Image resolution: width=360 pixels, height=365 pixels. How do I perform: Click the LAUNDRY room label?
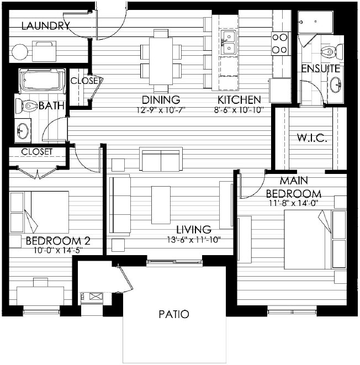point(46,25)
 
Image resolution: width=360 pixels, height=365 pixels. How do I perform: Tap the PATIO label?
point(174,314)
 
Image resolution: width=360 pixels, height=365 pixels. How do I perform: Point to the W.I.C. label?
point(313,138)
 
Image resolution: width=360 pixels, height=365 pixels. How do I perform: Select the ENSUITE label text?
point(321,68)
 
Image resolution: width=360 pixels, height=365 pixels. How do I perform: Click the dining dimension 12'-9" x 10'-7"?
point(161,110)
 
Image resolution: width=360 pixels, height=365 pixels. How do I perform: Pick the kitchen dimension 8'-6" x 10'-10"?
point(239,110)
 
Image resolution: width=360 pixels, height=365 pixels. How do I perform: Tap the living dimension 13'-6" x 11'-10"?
point(194,240)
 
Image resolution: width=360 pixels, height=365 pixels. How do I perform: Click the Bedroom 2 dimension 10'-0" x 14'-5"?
point(58,250)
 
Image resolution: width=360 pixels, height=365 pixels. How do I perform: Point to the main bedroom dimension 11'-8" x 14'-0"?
point(294,203)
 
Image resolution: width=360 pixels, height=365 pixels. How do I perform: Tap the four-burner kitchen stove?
point(281,44)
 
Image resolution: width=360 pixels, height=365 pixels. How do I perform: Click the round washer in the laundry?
point(20,52)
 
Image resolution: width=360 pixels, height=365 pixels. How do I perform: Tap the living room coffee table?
point(161,205)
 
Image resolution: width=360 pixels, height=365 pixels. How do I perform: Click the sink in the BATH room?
point(23,131)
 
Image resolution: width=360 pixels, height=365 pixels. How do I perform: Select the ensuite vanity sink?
point(335,84)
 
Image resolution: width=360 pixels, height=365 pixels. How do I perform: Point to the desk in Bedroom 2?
point(40,296)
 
